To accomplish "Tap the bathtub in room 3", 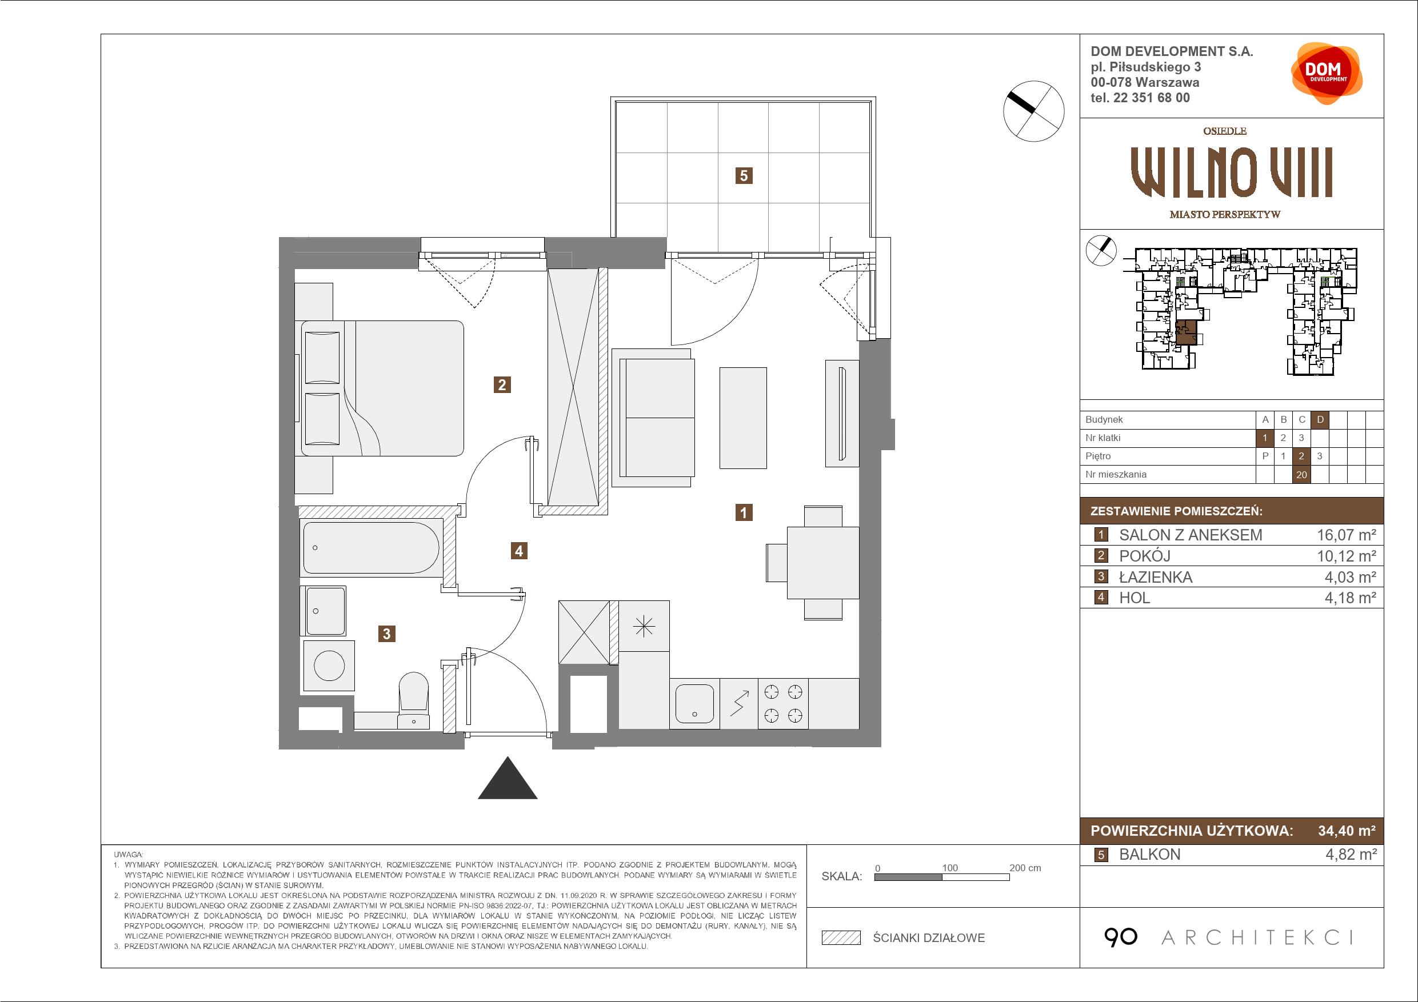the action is tap(371, 548).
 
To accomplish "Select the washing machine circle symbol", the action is tap(329, 666).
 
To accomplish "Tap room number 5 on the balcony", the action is tap(744, 176).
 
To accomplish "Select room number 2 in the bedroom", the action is tap(502, 385).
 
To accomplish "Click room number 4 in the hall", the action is tap(519, 551).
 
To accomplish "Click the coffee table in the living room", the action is tap(743, 418).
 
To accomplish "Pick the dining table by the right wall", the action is tap(822, 563).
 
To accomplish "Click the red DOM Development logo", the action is tap(1326, 74).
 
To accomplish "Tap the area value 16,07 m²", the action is tap(1347, 535).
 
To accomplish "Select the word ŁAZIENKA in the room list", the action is tap(1156, 577).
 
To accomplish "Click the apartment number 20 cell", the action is tap(1302, 475).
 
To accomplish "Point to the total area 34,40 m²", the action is tap(1347, 831).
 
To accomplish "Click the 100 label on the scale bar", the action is tap(950, 867).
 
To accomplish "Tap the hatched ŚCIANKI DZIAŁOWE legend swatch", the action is tap(841, 938).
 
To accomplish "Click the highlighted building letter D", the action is tap(1320, 420).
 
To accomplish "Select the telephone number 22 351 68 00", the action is tap(1151, 98).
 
